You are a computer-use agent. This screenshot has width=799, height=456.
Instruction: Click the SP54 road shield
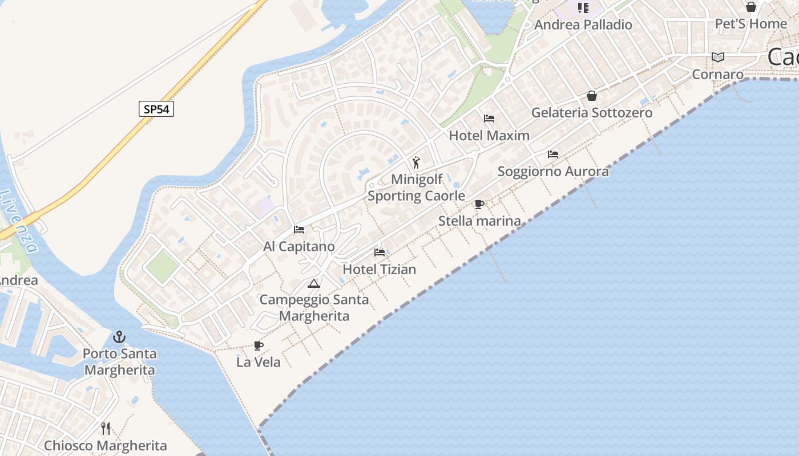[156, 109]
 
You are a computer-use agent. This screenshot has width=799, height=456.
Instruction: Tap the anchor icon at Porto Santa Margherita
[119, 337]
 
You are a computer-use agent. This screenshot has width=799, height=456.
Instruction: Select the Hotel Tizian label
[380, 269]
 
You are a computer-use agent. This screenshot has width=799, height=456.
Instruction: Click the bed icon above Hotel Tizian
[380, 253]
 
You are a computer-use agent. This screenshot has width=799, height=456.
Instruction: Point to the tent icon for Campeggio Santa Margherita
[313, 283]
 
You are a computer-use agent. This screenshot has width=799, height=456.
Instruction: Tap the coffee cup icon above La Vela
[258, 345]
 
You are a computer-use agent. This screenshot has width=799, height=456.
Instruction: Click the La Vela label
[259, 362]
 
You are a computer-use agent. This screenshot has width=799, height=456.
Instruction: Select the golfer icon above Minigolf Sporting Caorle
[416, 162]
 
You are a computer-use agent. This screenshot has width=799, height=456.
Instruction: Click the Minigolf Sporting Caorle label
[416, 188]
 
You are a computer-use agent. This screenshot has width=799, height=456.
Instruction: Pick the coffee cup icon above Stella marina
[479, 204]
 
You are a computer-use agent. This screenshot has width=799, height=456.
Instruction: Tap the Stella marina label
[479, 221]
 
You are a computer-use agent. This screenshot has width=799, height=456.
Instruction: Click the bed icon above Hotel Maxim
[489, 119]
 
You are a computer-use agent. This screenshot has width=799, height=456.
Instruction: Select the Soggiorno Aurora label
[553, 171]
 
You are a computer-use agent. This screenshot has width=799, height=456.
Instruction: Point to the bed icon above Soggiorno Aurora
[552, 154]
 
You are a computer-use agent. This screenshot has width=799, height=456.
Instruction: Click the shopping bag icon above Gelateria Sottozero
[592, 96]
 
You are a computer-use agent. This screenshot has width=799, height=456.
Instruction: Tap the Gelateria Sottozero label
[592, 112]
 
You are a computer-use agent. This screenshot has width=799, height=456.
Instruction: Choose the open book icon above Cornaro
[718, 57]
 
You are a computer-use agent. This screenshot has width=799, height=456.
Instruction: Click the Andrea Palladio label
[583, 25]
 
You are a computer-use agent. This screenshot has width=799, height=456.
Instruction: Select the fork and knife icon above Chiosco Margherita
[106, 428]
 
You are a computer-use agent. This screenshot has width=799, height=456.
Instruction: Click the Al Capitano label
[299, 247]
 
